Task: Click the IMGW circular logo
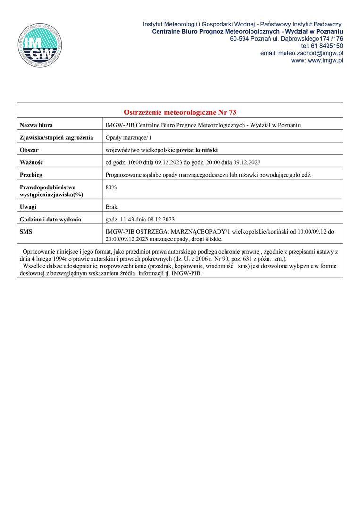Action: click(41, 45)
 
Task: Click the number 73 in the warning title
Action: click(232, 112)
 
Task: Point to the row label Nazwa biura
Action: click(36, 125)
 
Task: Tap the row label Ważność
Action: click(31, 162)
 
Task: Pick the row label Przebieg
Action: click(32, 175)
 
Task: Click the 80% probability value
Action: click(111, 187)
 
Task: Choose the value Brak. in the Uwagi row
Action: click(112, 207)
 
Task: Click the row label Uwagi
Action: click(28, 207)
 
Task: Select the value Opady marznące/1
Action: click(127, 138)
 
